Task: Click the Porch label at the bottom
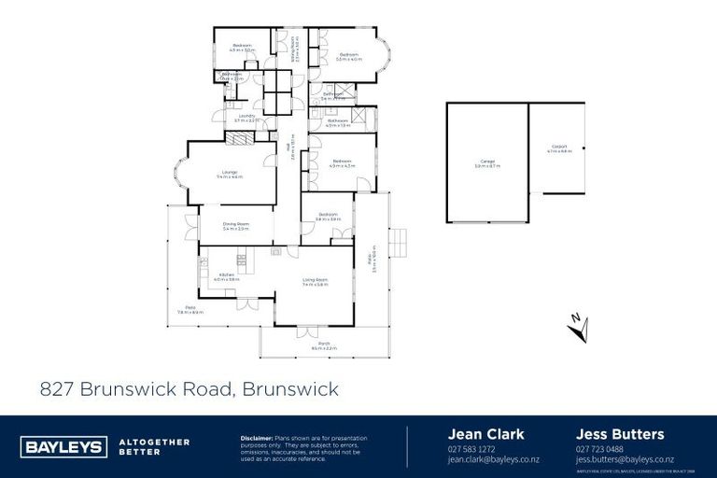coord(324,344)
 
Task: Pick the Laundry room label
coord(246,119)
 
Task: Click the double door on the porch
coord(306,331)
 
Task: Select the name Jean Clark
coord(486,434)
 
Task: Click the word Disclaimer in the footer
coord(256,437)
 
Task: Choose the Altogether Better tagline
coord(155,446)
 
